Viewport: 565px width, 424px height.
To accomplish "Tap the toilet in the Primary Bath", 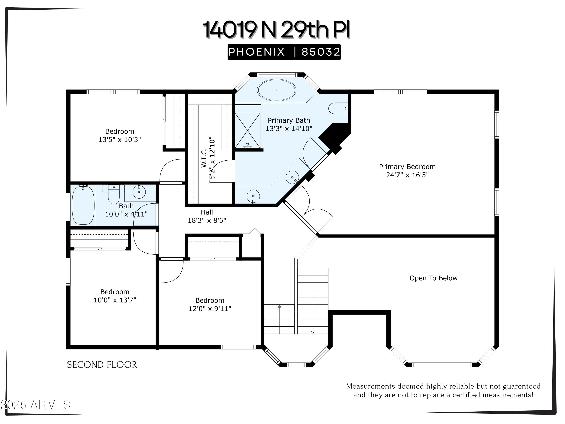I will point(337,108).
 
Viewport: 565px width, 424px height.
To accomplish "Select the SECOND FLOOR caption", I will point(102,365).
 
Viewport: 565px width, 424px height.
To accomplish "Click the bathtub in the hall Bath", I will point(83,205).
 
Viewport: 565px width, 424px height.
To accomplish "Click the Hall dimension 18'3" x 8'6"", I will point(207,220).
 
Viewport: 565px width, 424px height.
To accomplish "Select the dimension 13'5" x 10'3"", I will point(120,140).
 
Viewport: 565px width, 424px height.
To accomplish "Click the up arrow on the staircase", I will point(279,306).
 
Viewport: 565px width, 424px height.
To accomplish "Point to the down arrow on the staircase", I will point(313,332).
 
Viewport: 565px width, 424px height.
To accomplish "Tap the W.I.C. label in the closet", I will point(204,158).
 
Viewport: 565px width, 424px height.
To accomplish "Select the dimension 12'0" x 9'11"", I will point(210,309).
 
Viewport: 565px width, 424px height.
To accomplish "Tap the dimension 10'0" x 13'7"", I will point(115,300).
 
